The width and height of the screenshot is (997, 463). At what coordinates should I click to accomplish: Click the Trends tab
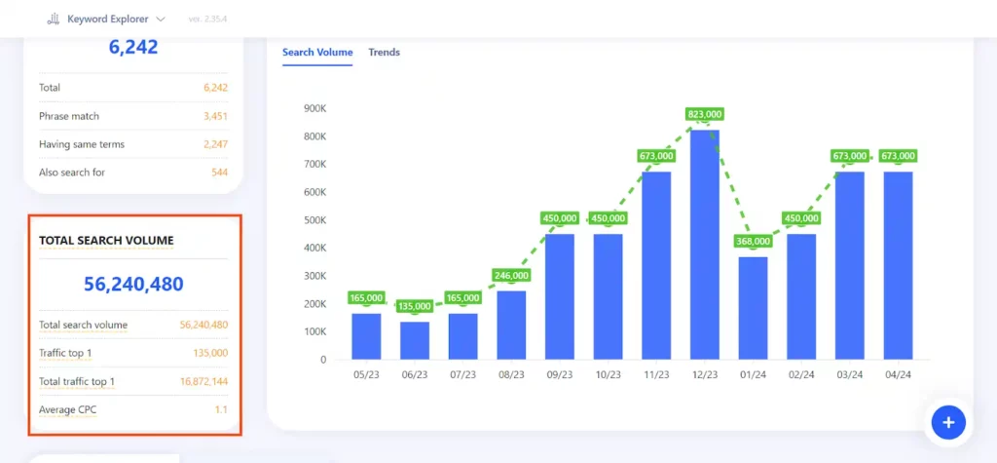pyautogui.click(x=384, y=53)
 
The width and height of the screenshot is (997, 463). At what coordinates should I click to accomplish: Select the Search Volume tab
pyautogui.click(x=317, y=53)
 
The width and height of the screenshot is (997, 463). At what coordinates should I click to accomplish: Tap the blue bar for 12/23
pyautogui.click(x=704, y=244)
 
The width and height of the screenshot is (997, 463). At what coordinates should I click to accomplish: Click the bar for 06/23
pyautogui.click(x=415, y=340)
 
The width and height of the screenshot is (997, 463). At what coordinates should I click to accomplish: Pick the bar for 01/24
pyautogui.click(x=753, y=307)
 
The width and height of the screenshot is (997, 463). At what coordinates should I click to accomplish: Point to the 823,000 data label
pyautogui.click(x=704, y=114)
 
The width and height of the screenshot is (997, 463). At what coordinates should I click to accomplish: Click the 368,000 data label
pyautogui.click(x=753, y=242)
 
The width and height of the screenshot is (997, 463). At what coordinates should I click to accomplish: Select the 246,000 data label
pyautogui.click(x=511, y=275)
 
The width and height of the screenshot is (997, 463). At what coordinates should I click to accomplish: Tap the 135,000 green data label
pyautogui.click(x=415, y=306)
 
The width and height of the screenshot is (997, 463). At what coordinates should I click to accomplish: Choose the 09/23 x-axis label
pyautogui.click(x=559, y=374)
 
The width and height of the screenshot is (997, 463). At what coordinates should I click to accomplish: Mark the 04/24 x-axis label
pyautogui.click(x=898, y=374)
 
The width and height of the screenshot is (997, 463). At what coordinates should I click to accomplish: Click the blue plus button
pyautogui.click(x=947, y=422)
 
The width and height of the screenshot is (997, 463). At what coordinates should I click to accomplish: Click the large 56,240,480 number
pyautogui.click(x=133, y=285)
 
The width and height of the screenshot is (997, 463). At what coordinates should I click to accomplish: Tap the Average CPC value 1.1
pyautogui.click(x=221, y=409)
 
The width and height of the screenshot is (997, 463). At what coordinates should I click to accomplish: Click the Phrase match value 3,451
pyautogui.click(x=215, y=116)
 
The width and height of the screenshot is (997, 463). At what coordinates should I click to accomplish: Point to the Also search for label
pyautogui.click(x=71, y=173)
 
